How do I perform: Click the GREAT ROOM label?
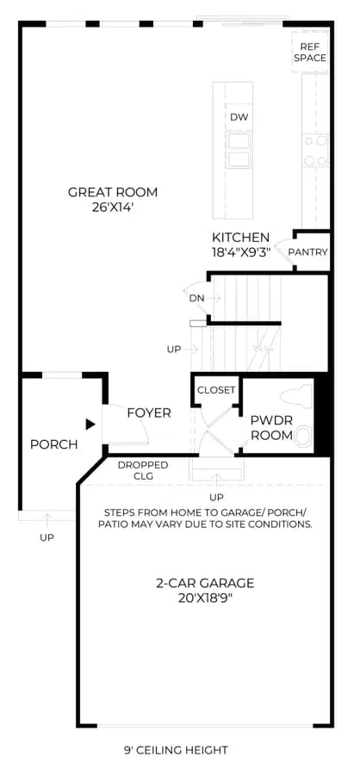(x=113, y=192)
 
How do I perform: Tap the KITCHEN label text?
(x=241, y=238)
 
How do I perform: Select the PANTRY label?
(x=308, y=252)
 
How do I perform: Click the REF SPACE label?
(x=310, y=53)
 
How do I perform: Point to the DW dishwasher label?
(x=239, y=117)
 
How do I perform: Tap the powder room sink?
(x=304, y=437)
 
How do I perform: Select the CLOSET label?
(x=216, y=390)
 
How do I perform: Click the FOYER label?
(x=149, y=413)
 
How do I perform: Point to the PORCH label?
(x=54, y=445)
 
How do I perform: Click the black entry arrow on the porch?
(x=90, y=424)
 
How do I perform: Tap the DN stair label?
(x=196, y=298)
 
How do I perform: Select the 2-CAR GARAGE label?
(x=205, y=583)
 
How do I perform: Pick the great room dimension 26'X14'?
(x=113, y=208)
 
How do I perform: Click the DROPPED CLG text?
(x=142, y=470)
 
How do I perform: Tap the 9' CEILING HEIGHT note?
(x=176, y=750)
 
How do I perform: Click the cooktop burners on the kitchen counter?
(x=315, y=151)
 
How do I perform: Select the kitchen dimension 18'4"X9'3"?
(x=242, y=251)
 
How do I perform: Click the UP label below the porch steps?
(x=47, y=537)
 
